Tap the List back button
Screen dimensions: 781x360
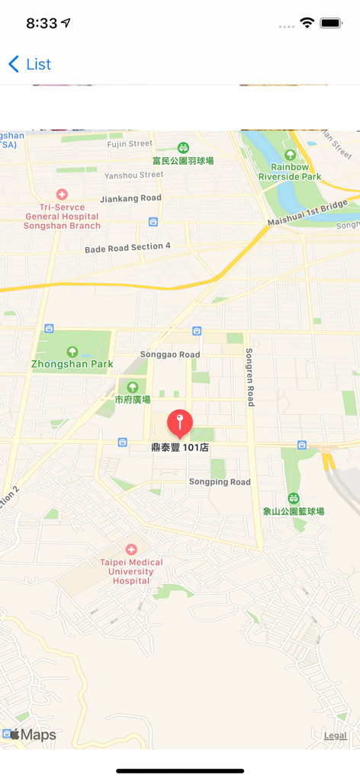(30, 64)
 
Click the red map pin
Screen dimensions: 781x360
(180, 422)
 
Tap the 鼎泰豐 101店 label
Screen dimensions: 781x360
(180, 448)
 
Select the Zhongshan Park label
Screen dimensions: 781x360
(72, 365)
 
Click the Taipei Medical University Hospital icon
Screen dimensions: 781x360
(131, 549)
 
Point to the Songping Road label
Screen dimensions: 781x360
(220, 482)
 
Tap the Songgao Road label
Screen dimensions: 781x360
(170, 355)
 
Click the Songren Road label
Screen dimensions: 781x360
(249, 378)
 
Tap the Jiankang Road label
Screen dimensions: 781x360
(131, 198)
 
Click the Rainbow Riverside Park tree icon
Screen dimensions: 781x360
(290, 155)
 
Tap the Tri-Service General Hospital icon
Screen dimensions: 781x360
(62, 194)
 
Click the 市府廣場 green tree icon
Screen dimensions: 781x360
(133, 387)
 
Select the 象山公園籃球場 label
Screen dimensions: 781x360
(294, 511)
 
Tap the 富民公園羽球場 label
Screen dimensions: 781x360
(183, 161)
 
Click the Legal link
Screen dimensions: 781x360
(335, 735)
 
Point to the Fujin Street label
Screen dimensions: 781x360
(130, 143)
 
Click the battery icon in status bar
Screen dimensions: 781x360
(331, 24)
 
